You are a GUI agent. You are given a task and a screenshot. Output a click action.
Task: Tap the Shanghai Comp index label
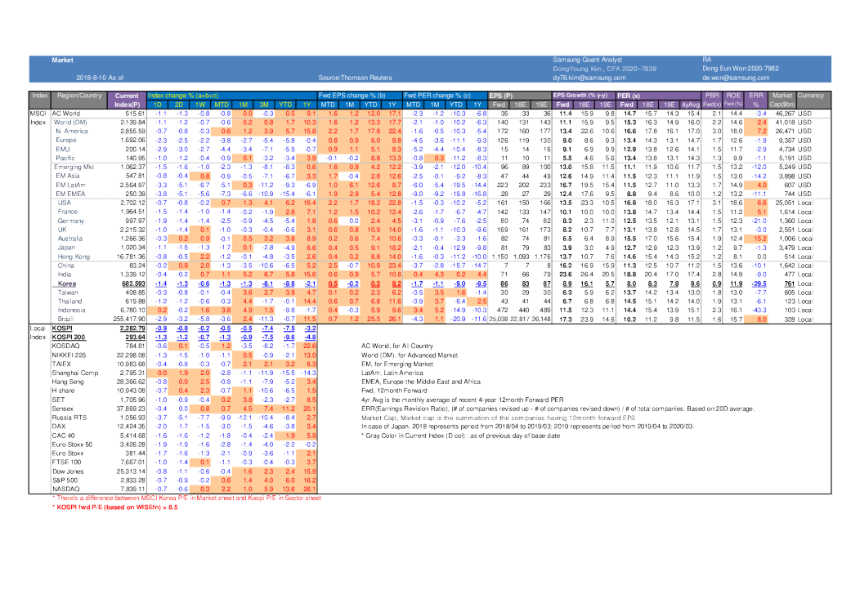[x=74, y=372]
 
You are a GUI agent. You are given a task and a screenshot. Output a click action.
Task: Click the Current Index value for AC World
[x=130, y=113]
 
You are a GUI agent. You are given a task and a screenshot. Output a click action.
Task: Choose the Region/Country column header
[x=79, y=96]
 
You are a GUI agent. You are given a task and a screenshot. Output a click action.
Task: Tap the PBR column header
[x=711, y=96]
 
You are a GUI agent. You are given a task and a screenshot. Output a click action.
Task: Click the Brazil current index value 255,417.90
[x=128, y=319]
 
